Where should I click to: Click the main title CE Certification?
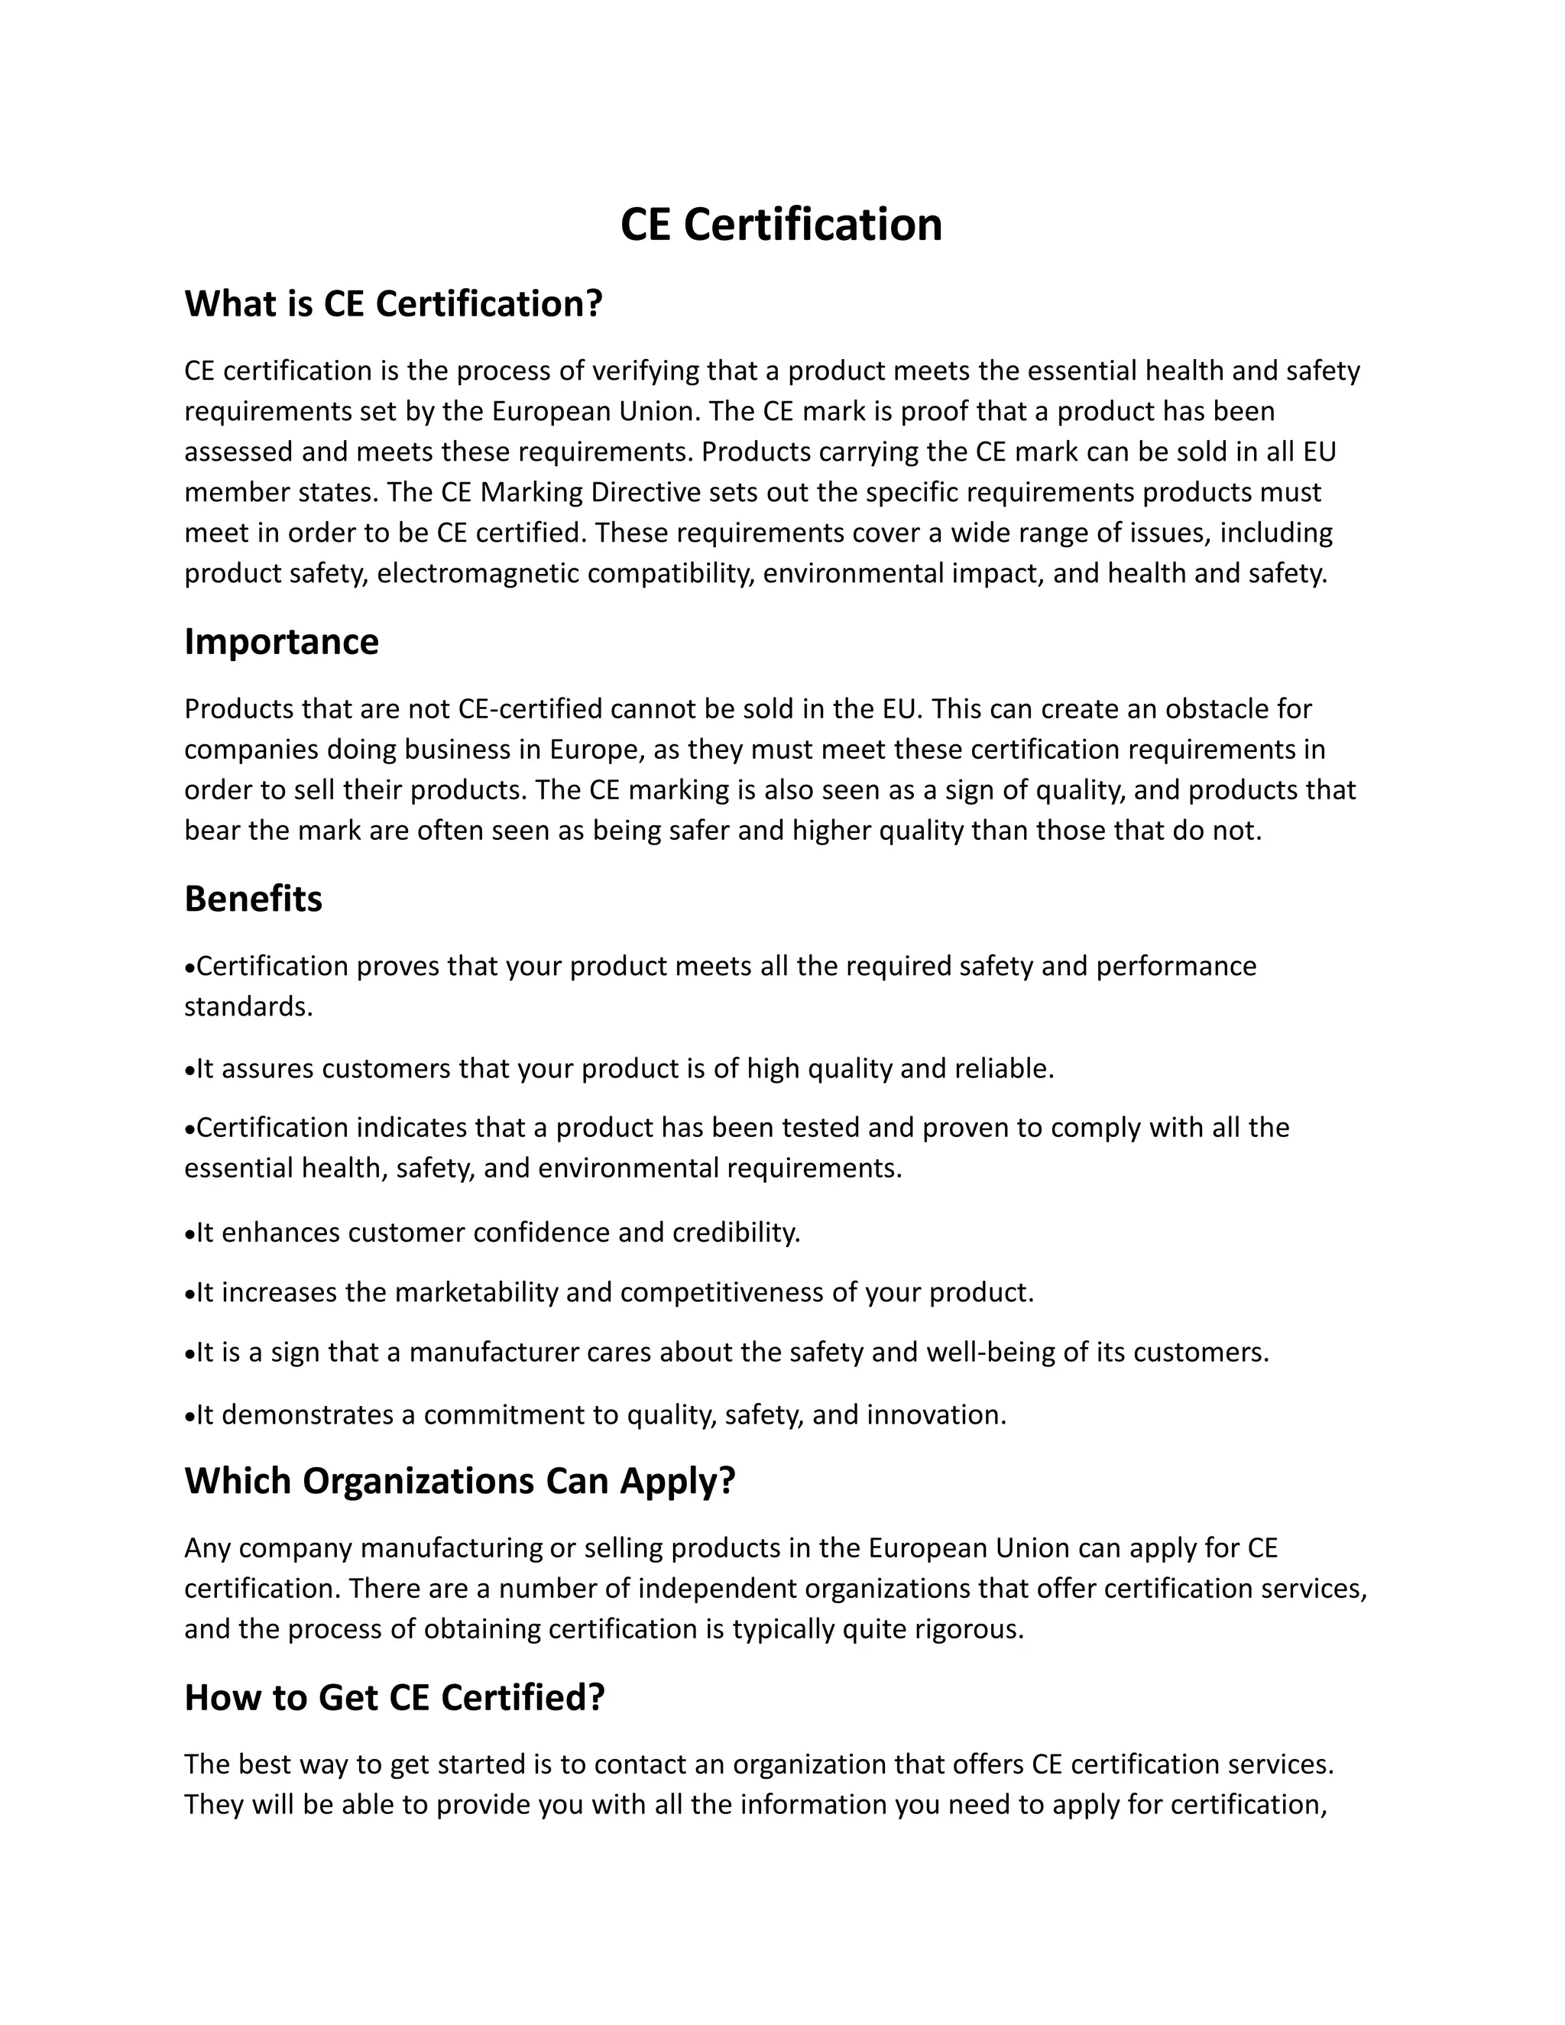click(x=781, y=225)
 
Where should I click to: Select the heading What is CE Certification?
click(x=393, y=304)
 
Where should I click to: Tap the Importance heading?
click(x=281, y=642)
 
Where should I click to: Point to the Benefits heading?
click(x=253, y=899)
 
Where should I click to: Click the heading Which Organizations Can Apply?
click(x=460, y=1481)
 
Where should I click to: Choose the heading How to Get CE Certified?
click(x=394, y=1696)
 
